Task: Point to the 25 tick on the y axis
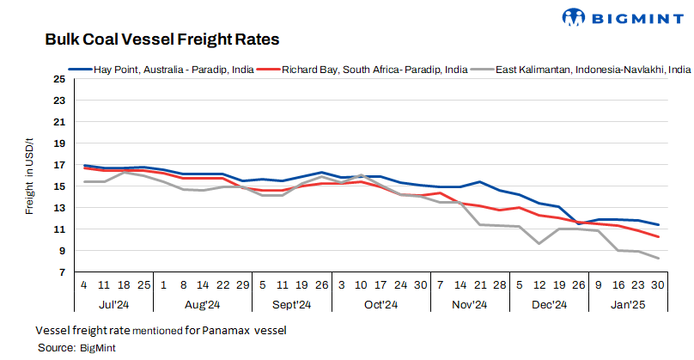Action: click(x=58, y=79)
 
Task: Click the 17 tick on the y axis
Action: click(x=58, y=165)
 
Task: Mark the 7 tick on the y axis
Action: click(x=60, y=272)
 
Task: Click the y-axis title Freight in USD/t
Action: click(x=29, y=176)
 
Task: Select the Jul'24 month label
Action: click(x=115, y=304)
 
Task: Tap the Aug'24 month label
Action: click(x=202, y=304)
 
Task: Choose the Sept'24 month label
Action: click(x=291, y=304)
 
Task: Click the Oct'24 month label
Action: click(x=380, y=304)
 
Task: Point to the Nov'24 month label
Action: click(x=470, y=304)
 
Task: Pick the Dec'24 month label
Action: click(x=549, y=304)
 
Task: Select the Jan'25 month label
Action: click(x=627, y=304)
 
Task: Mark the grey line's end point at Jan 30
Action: click(x=659, y=259)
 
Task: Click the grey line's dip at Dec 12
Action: click(x=539, y=244)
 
